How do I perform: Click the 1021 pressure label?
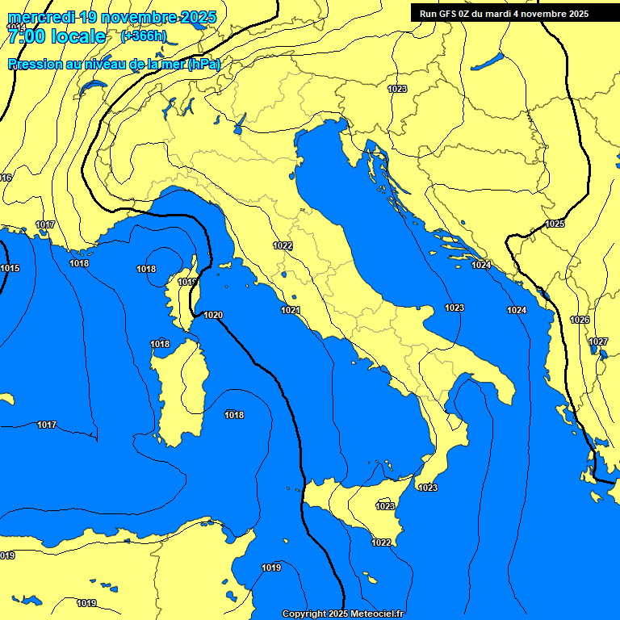(291, 310)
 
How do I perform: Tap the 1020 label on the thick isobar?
(213, 315)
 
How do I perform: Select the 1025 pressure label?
(555, 224)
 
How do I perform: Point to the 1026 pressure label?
(580, 320)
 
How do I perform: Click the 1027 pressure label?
(597, 341)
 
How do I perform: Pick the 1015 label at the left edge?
(10, 268)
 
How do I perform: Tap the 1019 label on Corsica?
(187, 282)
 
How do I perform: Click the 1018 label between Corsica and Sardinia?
(160, 344)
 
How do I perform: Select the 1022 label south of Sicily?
(382, 542)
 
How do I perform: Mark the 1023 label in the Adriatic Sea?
(455, 308)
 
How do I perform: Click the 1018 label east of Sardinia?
(234, 415)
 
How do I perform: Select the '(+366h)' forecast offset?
(143, 36)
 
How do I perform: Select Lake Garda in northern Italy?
(240, 123)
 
